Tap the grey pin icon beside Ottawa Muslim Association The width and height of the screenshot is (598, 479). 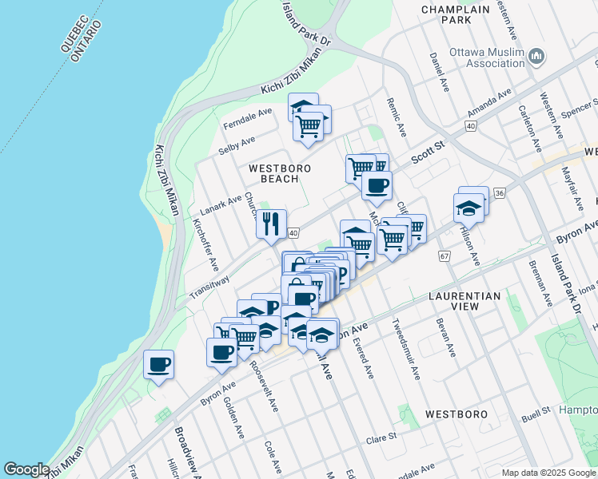coord(536,57)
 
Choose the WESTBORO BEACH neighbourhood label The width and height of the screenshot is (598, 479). coord(273,173)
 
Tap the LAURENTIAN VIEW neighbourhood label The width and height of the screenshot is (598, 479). coord(464,302)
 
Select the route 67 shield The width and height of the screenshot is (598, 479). coord(445,255)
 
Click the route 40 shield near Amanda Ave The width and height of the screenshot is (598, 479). coord(470,126)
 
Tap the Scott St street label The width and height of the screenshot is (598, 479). coord(427,151)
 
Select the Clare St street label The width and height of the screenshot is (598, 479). coord(381,438)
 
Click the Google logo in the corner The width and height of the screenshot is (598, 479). coord(26,469)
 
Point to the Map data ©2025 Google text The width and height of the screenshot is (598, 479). coord(548,473)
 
